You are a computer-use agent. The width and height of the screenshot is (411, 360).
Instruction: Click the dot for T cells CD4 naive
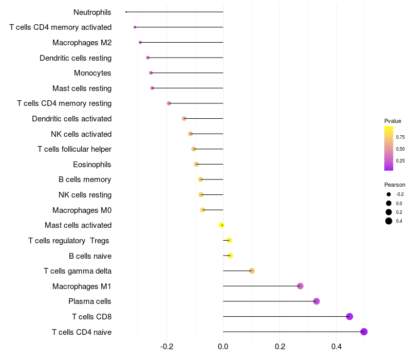coord(364,332)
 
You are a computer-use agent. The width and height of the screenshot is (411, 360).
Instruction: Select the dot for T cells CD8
coord(349,316)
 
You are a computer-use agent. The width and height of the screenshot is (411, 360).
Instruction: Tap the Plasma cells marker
coord(316,301)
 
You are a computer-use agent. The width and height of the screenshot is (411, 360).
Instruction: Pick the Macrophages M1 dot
coord(300,286)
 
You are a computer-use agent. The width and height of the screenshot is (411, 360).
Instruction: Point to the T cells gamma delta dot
coord(252,271)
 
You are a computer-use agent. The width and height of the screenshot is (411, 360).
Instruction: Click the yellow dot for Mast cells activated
coord(221,225)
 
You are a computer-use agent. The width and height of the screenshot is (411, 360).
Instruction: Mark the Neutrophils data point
coord(126,12)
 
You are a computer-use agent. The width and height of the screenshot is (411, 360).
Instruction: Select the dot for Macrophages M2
coord(140,43)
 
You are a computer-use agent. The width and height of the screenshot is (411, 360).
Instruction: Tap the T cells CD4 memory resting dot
coord(169,103)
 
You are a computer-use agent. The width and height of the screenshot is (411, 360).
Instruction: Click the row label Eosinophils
coord(92,165)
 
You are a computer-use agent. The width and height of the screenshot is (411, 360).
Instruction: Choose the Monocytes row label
coord(92,73)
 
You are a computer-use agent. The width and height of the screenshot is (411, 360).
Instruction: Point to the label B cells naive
coord(90,256)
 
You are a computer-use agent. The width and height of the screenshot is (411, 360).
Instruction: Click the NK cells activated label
coord(81,134)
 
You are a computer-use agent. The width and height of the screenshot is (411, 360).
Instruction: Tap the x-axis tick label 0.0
coord(223,347)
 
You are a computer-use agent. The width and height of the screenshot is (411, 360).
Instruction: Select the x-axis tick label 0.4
coord(336,347)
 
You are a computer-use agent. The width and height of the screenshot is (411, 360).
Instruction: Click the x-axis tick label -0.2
coord(166,347)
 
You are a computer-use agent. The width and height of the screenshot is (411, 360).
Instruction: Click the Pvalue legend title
coord(393,121)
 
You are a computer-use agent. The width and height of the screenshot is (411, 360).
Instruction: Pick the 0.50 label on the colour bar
coord(400,149)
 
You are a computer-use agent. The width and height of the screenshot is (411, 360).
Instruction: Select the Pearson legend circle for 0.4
coord(389,221)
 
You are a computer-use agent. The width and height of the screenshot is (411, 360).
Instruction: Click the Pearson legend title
coord(395,185)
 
